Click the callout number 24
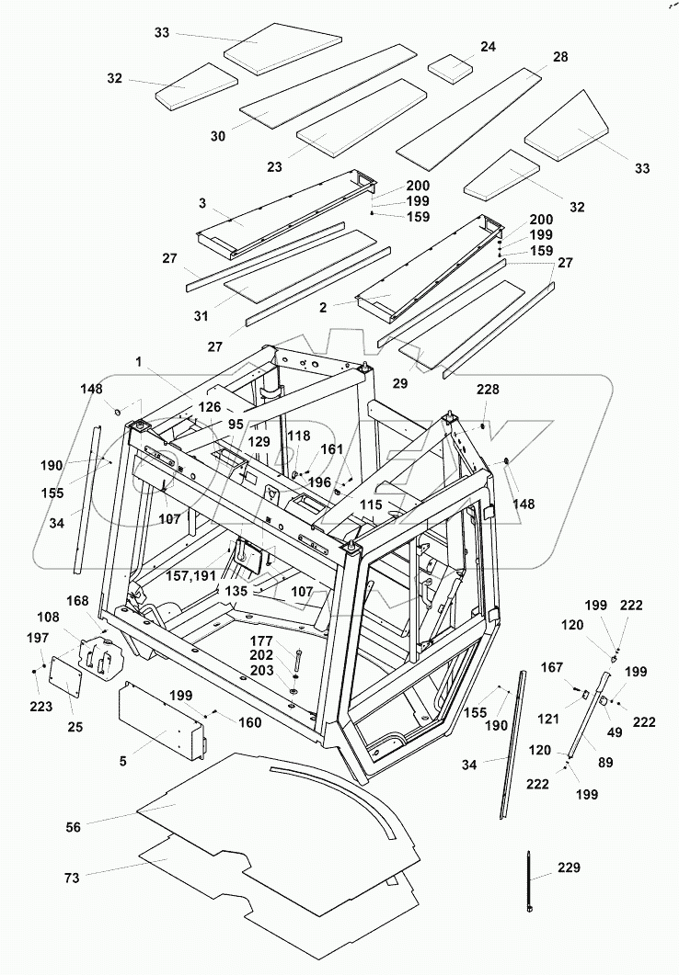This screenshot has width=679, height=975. [487, 47]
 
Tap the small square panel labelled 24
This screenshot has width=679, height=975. [452, 67]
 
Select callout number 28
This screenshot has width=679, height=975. [560, 57]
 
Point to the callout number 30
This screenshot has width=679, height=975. [217, 136]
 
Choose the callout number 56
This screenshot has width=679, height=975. [74, 827]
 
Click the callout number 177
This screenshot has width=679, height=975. [262, 641]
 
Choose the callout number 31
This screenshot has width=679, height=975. [201, 314]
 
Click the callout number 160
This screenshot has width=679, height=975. [250, 722]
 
